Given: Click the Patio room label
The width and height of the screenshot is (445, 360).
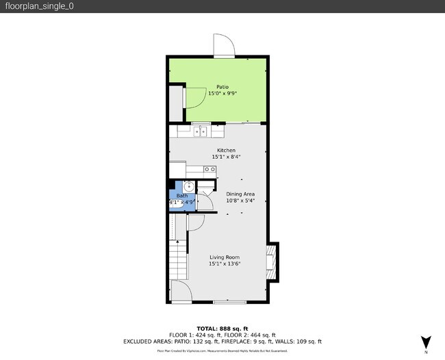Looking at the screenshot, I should [x=222, y=87].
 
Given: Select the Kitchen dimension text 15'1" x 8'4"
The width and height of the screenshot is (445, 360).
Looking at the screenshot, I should [x=226, y=157].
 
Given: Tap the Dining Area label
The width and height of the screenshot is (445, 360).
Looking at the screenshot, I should [x=240, y=194].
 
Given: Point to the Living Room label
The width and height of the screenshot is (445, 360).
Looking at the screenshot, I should [x=225, y=257].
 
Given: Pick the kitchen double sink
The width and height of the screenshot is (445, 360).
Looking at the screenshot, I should [x=201, y=131].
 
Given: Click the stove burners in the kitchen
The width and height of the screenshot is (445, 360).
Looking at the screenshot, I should [x=210, y=169].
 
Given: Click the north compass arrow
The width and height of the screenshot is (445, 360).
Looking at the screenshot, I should [x=426, y=342].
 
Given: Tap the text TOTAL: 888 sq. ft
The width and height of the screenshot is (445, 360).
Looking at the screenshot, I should [x=222, y=329].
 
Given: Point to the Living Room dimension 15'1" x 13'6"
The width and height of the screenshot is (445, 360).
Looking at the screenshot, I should [x=225, y=264].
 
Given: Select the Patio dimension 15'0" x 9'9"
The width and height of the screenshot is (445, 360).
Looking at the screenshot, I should [x=222, y=94].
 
